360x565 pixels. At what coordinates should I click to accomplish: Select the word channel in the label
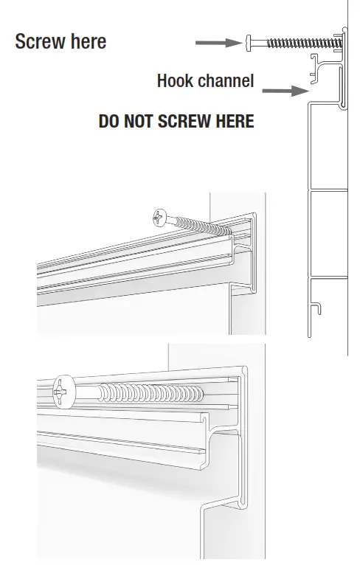pos(226,80)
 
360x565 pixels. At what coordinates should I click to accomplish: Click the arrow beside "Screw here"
pos(218,43)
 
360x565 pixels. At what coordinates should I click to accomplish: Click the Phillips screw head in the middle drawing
pos(160,218)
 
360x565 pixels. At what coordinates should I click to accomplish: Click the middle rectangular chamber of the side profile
pos(327,233)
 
